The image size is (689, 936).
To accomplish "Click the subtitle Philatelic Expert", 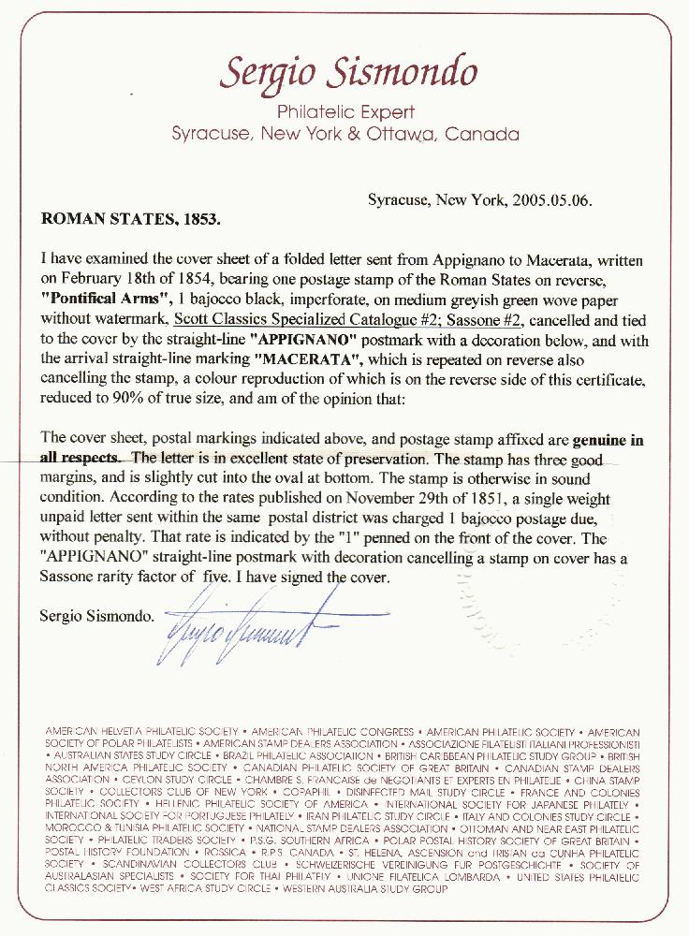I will pyautogui.click(x=344, y=112).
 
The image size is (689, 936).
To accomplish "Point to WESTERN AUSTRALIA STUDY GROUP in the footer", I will pyautogui.click(x=359, y=888).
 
